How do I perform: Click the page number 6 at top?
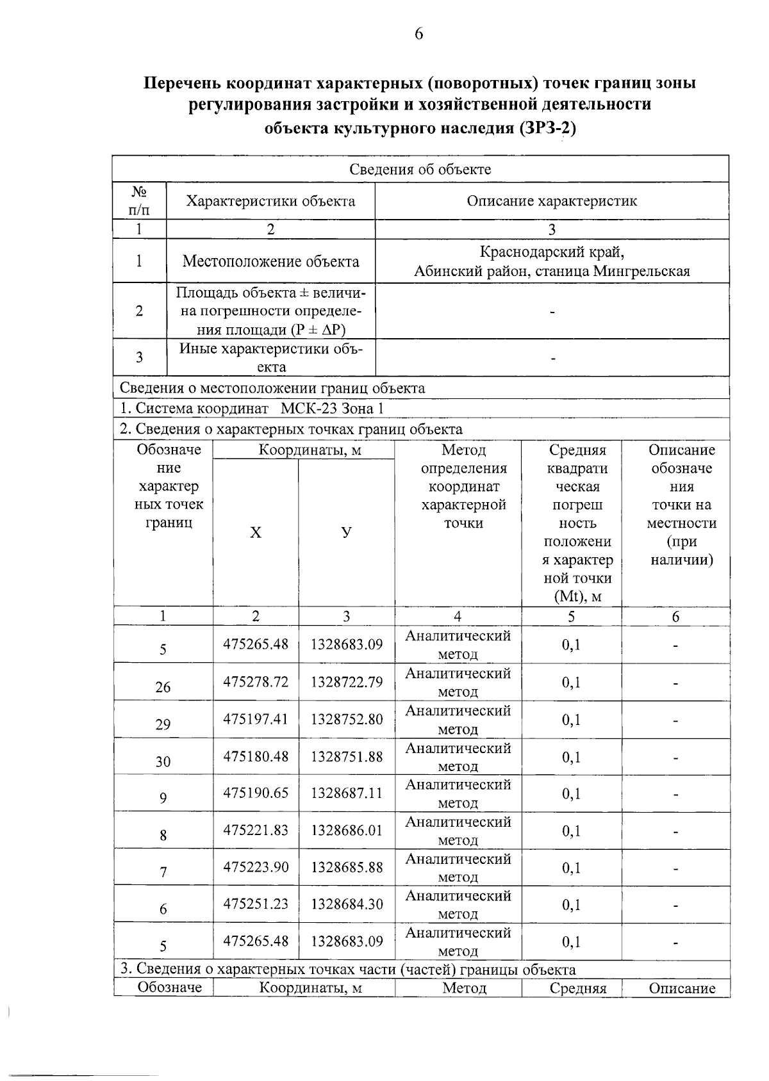click(x=418, y=34)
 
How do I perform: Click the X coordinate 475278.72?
click(x=256, y=681)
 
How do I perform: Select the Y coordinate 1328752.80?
click(x=347, y=719)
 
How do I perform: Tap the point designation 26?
click(x=163, y=687)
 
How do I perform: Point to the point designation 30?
click(x=163, y=761)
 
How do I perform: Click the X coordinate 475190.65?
click(x=256, y=793)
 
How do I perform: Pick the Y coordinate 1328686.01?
click(x=347, y=830)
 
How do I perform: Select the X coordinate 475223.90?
click(x=256, y=867)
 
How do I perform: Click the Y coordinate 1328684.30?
click(x=347, y=904)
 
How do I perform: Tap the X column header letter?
click(x=256, y=533)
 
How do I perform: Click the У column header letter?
click(x=347, y=533)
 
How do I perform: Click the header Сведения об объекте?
click(x=420, y=169)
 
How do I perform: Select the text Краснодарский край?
click(x=552, y=252)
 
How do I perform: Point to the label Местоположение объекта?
click(x=270, y=261)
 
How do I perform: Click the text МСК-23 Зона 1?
click(x=333, y=409)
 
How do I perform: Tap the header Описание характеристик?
click(x=552, y=201)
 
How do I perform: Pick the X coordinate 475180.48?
click(x=256, y=756)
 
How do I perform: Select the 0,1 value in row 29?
click(x=571, y=719)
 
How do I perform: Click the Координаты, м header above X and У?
click(x=310, y=450)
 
